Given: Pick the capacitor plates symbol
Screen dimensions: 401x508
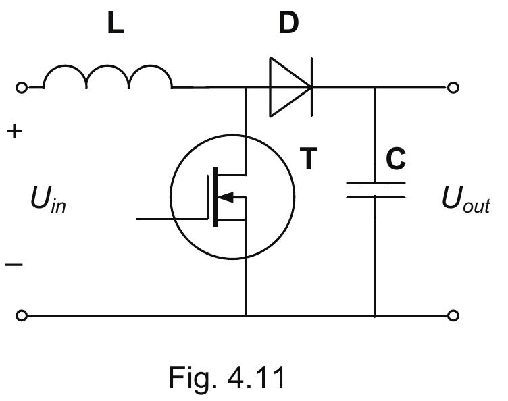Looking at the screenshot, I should point(375,190).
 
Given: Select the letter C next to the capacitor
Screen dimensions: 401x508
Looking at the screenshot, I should point(396,159).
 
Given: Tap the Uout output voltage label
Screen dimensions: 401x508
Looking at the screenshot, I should point(466,201).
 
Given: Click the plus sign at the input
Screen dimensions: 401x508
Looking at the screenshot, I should point(14,132).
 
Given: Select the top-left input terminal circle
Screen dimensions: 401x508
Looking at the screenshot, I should point(22,88).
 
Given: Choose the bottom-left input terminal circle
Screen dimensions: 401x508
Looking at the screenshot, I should point(22,315).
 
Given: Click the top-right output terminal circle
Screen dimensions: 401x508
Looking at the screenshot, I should point(453,88).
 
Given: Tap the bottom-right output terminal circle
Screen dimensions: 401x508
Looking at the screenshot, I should point(453,315).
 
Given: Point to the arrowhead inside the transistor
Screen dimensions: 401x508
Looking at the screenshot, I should point(228,198).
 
